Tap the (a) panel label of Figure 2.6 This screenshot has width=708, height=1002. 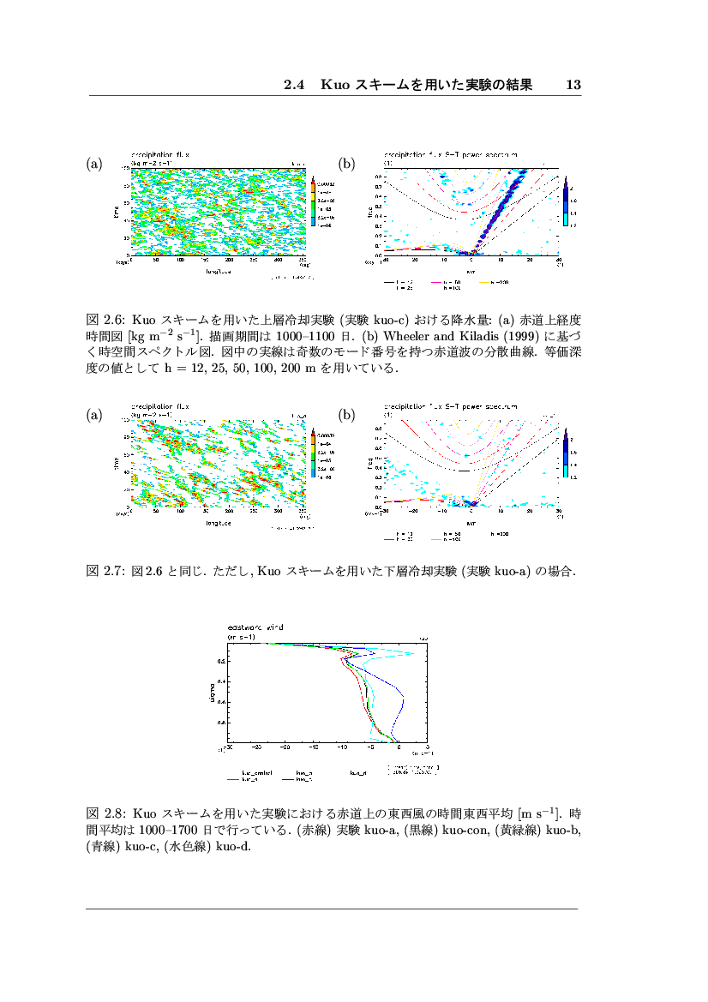click(x=94, y=163)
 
